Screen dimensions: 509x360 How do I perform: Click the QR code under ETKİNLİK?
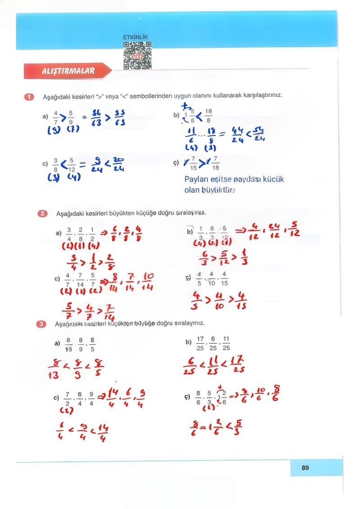(x=137, y=55)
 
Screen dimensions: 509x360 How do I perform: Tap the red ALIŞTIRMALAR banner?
(x=67, y=71)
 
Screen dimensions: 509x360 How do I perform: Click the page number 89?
(x=305, y=468)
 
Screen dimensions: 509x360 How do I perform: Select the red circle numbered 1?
(x=30, y=96)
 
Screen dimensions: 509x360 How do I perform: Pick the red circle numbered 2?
(x=43, y=213)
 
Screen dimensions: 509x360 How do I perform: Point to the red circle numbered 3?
(x=42, y=323)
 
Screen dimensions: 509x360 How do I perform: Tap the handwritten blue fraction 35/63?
(x=119, y=118)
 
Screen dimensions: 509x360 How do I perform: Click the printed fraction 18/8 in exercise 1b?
(x=208, y=115)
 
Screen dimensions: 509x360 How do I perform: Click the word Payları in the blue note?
(x=196, y=180)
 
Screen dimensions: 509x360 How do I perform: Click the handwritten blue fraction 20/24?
(x=119, y=165)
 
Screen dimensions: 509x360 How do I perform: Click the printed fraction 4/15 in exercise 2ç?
(x=224, y=279)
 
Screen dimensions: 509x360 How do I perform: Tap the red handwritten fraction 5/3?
(x=239, y=426)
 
